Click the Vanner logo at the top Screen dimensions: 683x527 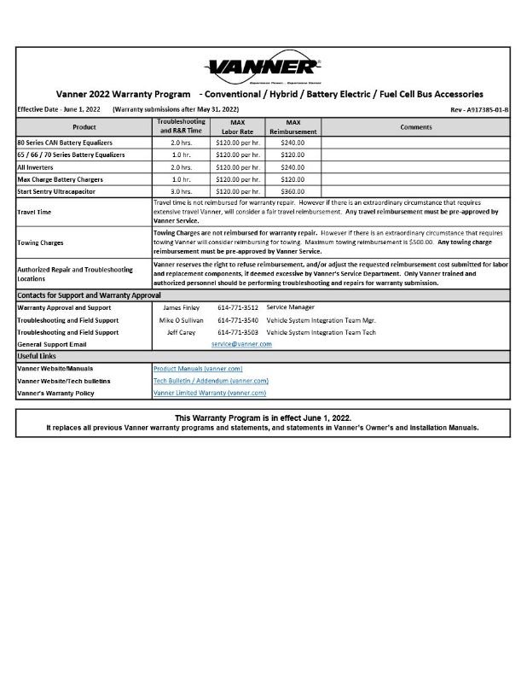pos(263,67)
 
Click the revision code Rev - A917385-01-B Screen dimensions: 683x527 pos(478,111)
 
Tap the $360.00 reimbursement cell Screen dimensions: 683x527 pos(292,191)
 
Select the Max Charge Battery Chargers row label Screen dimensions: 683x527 pos(60,179)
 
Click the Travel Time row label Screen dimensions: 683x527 pos(34,211)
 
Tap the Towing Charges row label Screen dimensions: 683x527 pos(39,242)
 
